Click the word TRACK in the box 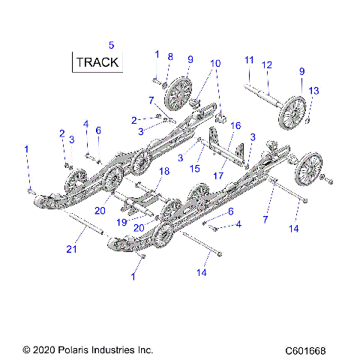click(98, 61)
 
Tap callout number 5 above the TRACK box click(112, 45)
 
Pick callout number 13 click(313, 91)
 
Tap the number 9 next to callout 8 click(190, 59)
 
